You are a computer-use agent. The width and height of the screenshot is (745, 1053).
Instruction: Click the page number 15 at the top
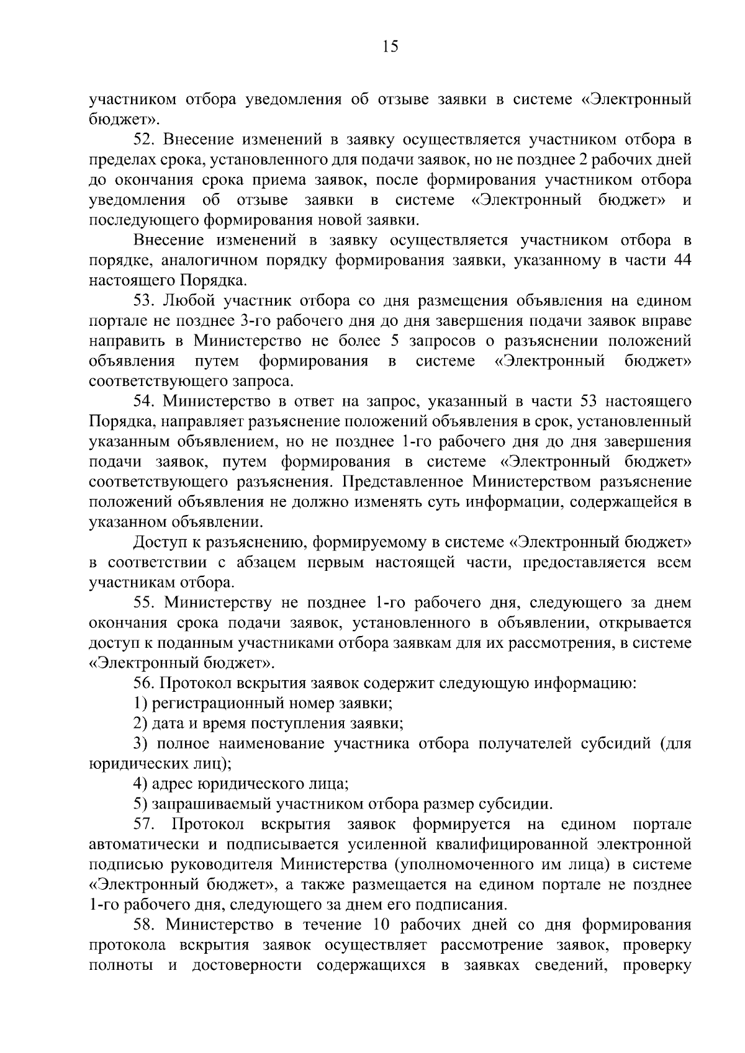pyautogui.click(x=391, y=47)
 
